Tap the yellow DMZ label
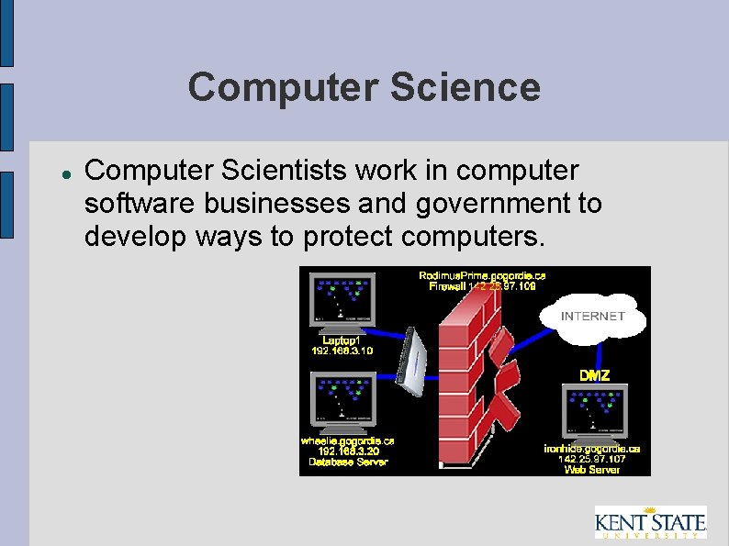coord(594,374)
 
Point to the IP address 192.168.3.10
coord(342,351)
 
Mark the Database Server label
coord(347,462)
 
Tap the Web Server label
coord(592,470)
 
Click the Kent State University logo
coord(650,522)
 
